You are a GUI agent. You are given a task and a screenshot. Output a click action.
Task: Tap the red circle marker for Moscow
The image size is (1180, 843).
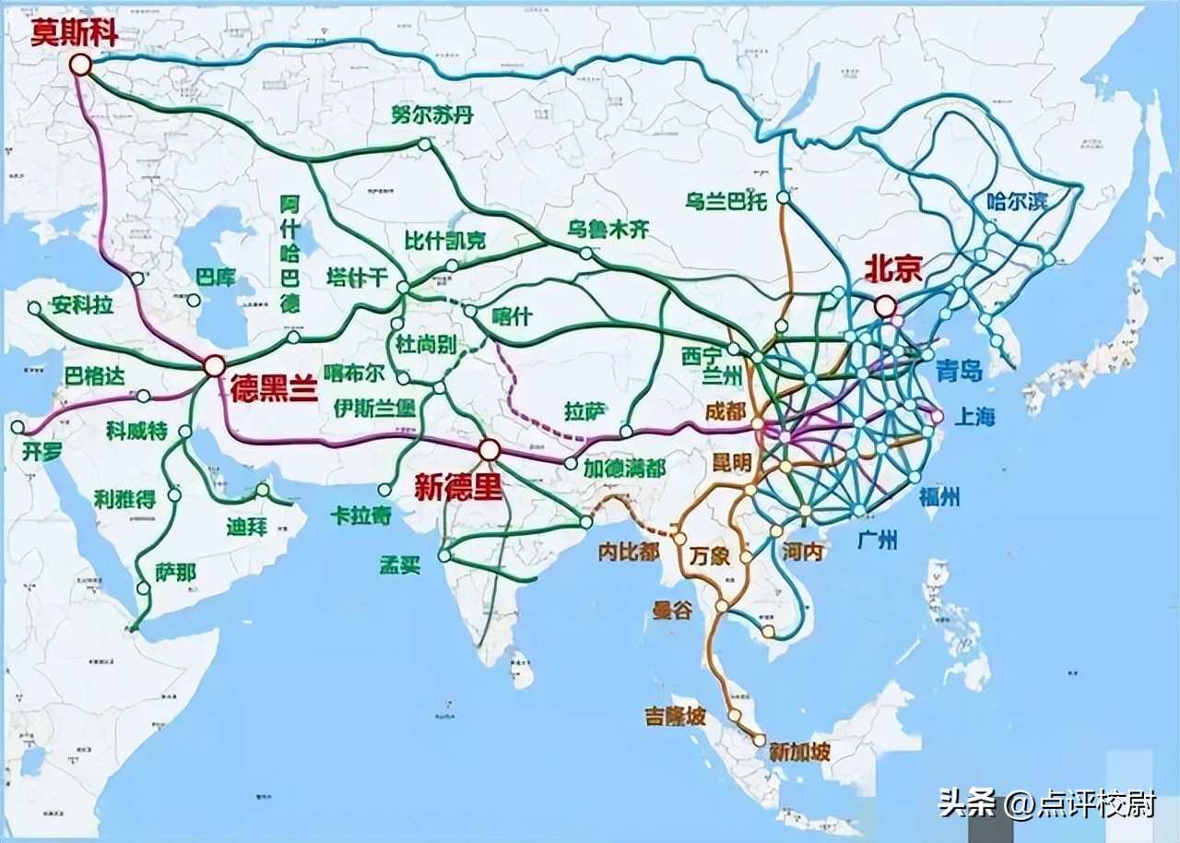(x=81, y=65)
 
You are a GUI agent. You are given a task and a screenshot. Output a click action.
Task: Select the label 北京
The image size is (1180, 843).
(x=892, y=268)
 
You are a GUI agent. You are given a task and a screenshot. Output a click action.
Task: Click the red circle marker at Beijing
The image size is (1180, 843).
(x=885, y=305)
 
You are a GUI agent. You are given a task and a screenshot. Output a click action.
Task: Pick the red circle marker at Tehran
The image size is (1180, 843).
(x=214, y=365)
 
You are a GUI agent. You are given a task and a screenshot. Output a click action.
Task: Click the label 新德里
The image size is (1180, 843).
(x=457, y=488)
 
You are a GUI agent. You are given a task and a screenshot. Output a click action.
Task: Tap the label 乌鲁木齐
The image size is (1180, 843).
(x=608, y=231)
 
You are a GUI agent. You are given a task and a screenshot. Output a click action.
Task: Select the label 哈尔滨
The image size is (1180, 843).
(x=1017, y=201)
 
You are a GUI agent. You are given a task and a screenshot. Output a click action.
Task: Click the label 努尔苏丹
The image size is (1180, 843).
(x=432, y=116)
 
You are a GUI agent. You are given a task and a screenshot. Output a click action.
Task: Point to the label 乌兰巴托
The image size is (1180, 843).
(x=726, y=202)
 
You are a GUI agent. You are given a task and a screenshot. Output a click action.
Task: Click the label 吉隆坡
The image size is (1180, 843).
(x=675, y=717)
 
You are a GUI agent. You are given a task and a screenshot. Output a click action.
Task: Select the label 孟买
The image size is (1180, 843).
(x=399, y=564)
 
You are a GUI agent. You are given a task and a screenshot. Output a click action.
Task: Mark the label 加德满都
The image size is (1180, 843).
(x=623, y=469)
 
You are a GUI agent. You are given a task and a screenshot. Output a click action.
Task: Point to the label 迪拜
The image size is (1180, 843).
(x=246, y=527)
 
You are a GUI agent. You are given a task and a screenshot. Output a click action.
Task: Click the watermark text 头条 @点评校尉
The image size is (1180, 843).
(x=1046, y=804)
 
